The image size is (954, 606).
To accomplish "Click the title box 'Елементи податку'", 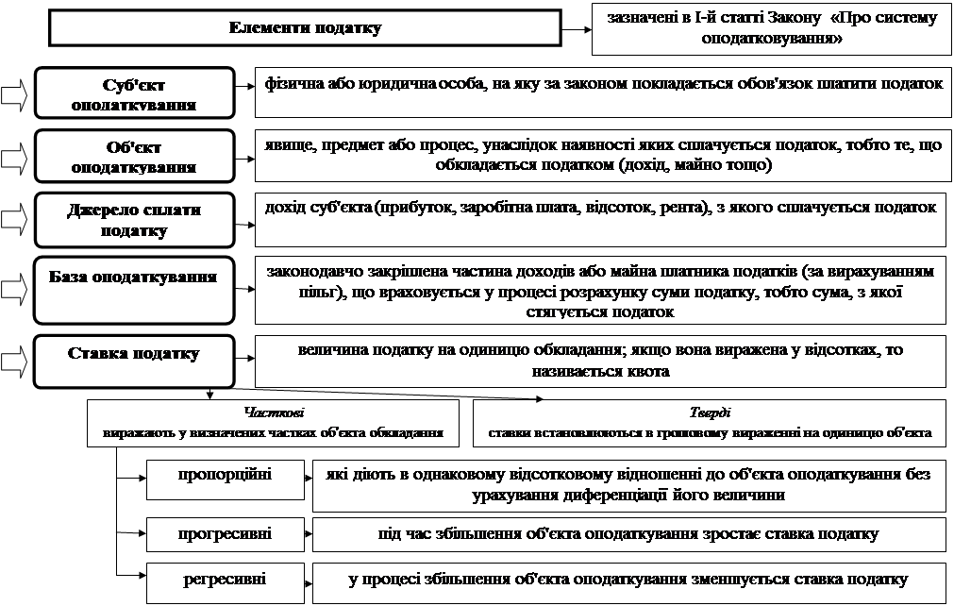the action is [305, 28].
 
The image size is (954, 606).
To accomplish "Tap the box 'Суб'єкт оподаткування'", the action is [134, 94].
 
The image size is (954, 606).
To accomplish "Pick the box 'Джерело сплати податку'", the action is [134, 220].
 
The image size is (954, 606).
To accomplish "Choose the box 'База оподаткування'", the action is [134, 288].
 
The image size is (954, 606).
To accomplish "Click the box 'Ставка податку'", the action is [134, 360].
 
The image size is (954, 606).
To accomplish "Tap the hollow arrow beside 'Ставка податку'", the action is [15, 360].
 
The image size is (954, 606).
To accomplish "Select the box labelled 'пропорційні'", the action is [225, 480].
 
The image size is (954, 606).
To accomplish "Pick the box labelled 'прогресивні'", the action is [225, 533].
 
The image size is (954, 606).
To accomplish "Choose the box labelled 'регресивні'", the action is [225, 579].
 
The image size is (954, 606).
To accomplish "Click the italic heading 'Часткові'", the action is [274, 413].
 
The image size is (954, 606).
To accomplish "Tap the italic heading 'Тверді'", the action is [710, 413].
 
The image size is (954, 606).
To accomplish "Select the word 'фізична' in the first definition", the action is [293, 84].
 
